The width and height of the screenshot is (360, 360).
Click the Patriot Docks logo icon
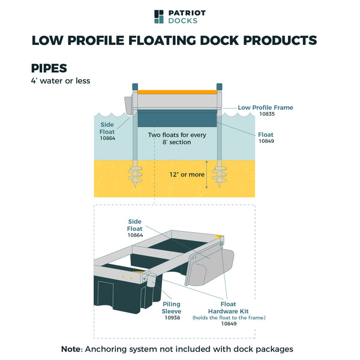[x=158, y=16]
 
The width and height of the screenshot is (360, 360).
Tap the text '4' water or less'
[x=61, y=81]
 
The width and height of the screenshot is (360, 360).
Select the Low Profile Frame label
[x=265, y=107]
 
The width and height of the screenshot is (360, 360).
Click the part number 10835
[x=268, y=114]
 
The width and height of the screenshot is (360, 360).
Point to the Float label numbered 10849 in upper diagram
[x=266, y=136]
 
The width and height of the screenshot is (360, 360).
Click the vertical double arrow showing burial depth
[x=207, y=174]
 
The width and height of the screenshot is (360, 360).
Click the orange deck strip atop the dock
[x=177, y=92]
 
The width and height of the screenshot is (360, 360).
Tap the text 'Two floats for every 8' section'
[x=177, y=139]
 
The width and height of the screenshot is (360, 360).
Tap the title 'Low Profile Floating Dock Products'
[x=174, y=41]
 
